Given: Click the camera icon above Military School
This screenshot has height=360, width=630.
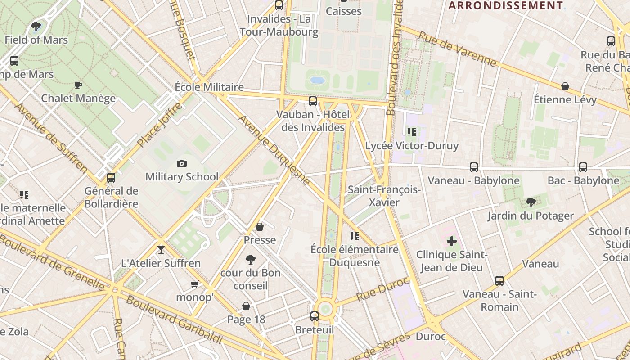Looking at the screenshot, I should click(x=182, y=164).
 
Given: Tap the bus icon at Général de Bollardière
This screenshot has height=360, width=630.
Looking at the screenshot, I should click(x=111, y=178).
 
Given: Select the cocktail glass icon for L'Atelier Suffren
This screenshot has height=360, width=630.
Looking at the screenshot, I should click(x=161, y=249).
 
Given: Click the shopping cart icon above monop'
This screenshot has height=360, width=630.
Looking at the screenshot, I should click(x=194, y=284).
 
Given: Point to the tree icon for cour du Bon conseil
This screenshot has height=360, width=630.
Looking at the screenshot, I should click(x=251, y=259).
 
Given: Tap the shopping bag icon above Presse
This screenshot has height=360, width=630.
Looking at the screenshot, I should click(x=260, y=227).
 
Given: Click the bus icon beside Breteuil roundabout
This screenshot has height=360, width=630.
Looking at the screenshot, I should click(x=315, y=316).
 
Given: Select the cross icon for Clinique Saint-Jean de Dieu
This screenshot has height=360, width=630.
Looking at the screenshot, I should click(x=452, y=241).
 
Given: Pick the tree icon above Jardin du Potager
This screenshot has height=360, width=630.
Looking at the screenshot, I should click(x=531, y=202).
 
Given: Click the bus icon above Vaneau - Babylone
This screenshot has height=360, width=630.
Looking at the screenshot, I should click(x=474, y=167).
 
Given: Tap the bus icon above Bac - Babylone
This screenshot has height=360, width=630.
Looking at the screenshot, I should click(x=583, y=167).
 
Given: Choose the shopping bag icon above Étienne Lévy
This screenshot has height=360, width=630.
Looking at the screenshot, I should click(x=565, y=86).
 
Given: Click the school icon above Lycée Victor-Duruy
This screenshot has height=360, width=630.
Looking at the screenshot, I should click(x=411, y=132).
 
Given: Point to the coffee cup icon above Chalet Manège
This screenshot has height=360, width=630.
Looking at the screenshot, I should click(x=78, y=85).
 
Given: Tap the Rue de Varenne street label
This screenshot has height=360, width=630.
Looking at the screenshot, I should click(x=457, y=49).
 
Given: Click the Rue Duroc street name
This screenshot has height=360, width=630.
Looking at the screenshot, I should click(x=383, y=289).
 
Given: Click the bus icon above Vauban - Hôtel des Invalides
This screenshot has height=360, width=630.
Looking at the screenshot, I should click(x=313, y=101).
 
